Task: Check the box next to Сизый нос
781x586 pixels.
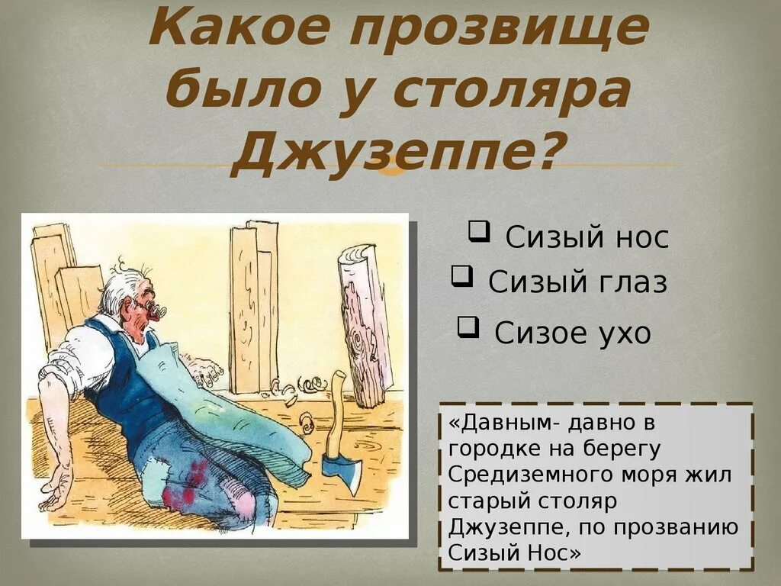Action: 479,230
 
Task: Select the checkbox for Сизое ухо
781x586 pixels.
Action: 468,327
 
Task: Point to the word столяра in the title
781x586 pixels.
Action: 512,93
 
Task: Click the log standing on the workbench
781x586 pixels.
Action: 365,324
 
